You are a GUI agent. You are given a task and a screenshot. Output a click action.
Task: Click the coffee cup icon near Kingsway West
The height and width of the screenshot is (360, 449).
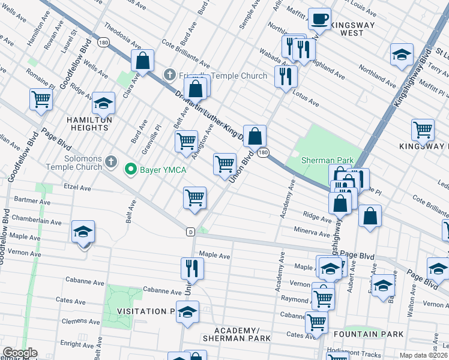tap(319, 19)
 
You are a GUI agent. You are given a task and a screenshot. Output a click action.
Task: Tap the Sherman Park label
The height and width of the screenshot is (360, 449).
tap(327, 161)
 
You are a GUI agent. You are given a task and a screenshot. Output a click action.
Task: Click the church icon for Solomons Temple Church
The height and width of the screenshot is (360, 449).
tap(110, 161)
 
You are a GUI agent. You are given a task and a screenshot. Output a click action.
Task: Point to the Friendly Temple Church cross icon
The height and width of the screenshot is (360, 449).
tap(169, 75)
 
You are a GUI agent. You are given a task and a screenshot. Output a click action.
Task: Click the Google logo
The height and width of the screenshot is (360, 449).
tap(20, 353)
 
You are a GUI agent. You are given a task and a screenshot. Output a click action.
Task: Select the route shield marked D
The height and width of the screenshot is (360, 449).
tap(190, 232)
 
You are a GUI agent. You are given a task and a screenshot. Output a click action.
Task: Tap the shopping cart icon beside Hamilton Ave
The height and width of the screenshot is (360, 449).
tap(41, 100)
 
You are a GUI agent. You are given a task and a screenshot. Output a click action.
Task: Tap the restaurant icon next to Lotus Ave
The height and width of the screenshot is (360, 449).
tap(286, 76)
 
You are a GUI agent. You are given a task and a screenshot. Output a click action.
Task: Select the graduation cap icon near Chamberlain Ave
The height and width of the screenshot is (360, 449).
tap(83, 232)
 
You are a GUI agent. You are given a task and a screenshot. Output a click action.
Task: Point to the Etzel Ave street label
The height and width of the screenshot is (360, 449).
tap(77, 188)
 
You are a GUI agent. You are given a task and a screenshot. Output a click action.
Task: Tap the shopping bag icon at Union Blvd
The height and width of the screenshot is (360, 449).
tap(255, 136)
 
